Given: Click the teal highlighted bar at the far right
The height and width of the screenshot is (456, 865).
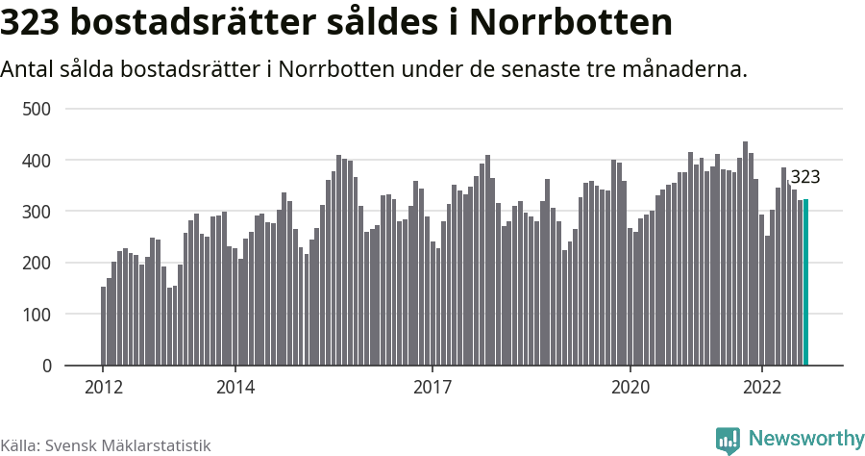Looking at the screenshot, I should click(x=805, y=283).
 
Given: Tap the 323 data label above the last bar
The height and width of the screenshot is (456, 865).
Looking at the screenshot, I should click(x=804, y=177).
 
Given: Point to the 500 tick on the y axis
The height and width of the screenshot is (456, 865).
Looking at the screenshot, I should click(x=36, y=109).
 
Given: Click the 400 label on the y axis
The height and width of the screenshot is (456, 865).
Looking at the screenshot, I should click(x=36, y=160).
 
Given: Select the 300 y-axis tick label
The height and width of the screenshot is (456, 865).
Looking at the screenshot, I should click(x=36, y=212).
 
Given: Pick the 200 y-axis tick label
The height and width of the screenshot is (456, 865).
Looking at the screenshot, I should click(x=36, y=263).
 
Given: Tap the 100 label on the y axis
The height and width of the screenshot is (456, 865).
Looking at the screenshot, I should click(x=36, y=315).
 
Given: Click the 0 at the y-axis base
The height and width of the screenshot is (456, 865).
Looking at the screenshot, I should click(x=44, y=366).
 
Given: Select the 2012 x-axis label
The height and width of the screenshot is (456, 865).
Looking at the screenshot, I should click(x=103, y=388).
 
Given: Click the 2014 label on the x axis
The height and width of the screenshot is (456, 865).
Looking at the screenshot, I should click(x=235, y=388).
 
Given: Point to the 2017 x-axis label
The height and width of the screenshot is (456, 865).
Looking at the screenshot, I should click(x=432, y=388).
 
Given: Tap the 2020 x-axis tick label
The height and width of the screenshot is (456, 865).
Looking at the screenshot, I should click(x=630, y=388).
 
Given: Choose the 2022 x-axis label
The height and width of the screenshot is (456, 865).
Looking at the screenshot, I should click(x=762, y=388).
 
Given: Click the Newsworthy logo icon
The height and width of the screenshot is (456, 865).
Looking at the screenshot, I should click(x=728, y=440).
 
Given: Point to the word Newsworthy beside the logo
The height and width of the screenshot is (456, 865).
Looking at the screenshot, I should click(x=805, y=439).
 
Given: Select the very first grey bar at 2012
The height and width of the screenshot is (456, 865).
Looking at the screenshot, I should click(x=104, y=326).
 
